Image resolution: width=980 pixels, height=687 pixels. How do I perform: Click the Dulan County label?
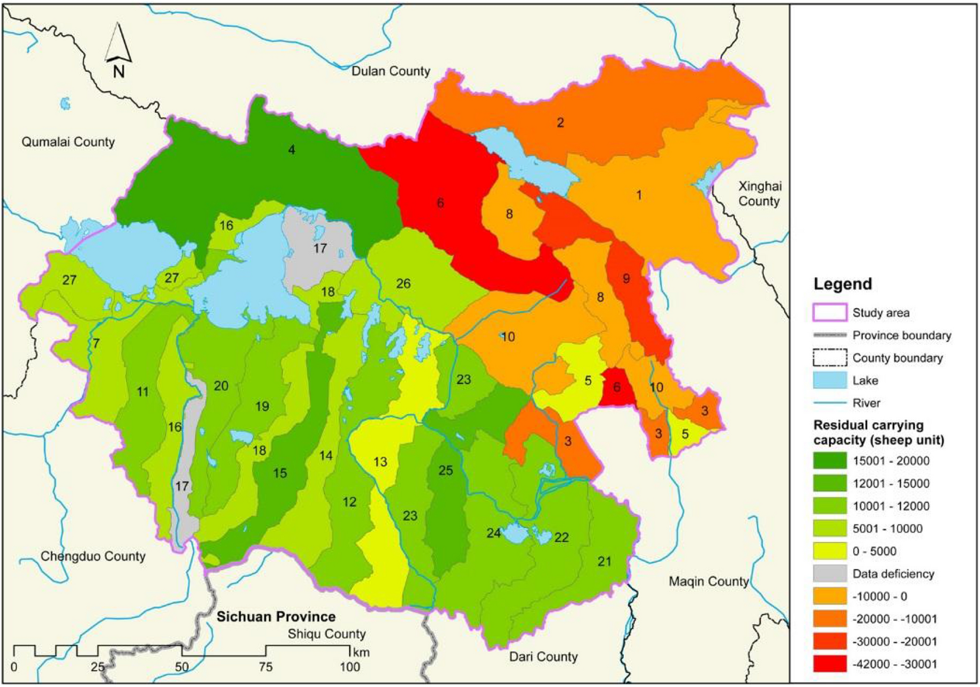pyautogui.click(x=390, y=71)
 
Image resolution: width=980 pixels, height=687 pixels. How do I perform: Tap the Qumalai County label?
pyautogui.click(x=68, y=142)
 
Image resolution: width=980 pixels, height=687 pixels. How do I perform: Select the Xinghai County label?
pyautogui.click(x=759, y=194)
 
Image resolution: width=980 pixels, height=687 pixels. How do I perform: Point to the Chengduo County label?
pyautogui.click(x=93, y=556)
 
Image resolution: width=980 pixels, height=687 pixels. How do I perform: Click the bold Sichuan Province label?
pyautogui.click(x=276, y=617)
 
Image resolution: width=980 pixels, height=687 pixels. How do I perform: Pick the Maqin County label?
pyautogui.click(x=709, y=581)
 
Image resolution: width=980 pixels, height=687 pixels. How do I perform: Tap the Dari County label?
pyautogui.click(x=543, y=657)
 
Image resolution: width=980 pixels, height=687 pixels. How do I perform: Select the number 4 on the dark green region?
pyautogui.click(x=291, y=150)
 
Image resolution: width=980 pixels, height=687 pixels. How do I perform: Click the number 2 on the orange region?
pyautogui.click(x=560, y=123)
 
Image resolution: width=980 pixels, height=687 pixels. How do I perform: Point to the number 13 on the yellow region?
pyautogui.click(x=380, y=462)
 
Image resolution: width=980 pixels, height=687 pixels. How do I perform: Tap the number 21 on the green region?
pyautogui.click(x=604, y=562)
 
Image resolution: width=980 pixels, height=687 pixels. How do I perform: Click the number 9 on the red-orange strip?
pyautogui.click(x=626, y=278)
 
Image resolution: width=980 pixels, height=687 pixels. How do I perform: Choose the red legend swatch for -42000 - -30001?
pyautogui.click(x=829, y=664)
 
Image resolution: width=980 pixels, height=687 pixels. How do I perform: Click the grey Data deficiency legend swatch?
pyautogui.click(x=829, y=574)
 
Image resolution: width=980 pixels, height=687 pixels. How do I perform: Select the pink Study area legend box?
pyautogui.click(x=829, y=313)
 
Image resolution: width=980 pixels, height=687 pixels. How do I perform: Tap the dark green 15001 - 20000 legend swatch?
pyautogui.click(x=829, y=461)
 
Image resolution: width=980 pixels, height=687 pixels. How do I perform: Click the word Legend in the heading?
pyautogui.click(x=842, y=284)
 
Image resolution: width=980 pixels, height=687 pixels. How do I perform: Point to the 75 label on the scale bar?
pyautogui.click(x=265, y=667)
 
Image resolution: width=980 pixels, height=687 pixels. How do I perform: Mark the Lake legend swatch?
pyautogui.click(x=829, y=381)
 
